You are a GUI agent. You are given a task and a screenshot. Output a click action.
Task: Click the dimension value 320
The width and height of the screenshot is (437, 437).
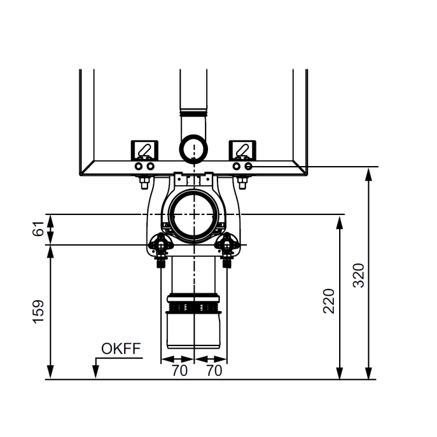click(x=358, y=275)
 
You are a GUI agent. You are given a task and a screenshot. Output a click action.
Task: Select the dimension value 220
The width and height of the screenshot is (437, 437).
click(x=329, y=301)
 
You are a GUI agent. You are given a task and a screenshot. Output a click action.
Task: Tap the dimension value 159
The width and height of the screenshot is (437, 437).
click(x=38, y=312)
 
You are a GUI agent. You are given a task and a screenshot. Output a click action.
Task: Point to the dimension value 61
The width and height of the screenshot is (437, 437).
click(x=38, y=228)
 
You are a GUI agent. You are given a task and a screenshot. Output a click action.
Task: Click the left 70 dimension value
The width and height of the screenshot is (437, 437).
click(x=179, y=371)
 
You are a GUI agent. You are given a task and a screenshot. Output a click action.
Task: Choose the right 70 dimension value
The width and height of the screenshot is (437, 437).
click(x=214, y=371)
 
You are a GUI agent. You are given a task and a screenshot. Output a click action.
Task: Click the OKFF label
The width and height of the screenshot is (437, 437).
click(x=121, y=348)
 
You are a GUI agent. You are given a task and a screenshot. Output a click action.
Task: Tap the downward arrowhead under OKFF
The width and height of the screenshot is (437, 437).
click(x=96, y=372)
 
